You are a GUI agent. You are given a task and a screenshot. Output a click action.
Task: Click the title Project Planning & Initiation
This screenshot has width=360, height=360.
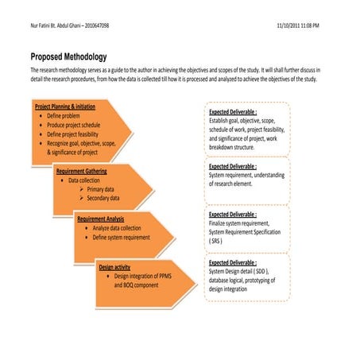65,106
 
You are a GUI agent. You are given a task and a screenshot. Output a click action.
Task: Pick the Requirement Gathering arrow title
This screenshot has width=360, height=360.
81,171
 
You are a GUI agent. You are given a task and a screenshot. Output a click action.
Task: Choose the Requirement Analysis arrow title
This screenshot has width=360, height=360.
102,217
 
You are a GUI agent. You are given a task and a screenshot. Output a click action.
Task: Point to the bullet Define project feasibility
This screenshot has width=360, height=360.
79,135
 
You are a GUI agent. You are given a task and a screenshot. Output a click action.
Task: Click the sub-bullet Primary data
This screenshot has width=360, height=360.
104,189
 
